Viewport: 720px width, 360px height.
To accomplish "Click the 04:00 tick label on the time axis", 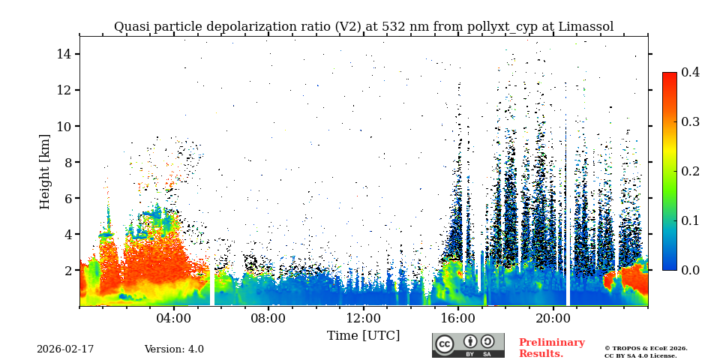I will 173,318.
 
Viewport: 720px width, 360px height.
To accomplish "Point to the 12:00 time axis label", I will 363,318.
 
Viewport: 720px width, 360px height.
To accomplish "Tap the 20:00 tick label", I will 553,318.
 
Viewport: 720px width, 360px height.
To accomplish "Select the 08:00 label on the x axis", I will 268,318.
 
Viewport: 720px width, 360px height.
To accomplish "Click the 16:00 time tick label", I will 457,318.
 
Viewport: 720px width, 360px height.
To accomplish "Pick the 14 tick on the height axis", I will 64,54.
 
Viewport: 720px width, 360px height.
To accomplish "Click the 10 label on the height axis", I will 64,126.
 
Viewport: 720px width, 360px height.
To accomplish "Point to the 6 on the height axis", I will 67,198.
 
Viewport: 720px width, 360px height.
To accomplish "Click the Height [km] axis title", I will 45,171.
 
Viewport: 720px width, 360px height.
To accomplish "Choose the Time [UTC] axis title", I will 363,335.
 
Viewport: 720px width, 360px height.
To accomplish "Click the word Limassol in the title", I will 585,27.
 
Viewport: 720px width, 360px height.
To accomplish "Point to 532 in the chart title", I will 394,27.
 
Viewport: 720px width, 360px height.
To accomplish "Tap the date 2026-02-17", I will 65,349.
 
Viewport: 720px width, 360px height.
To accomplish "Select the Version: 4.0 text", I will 174,349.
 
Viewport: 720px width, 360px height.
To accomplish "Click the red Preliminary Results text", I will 551,348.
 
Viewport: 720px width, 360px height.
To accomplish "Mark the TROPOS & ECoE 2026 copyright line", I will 646,348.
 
